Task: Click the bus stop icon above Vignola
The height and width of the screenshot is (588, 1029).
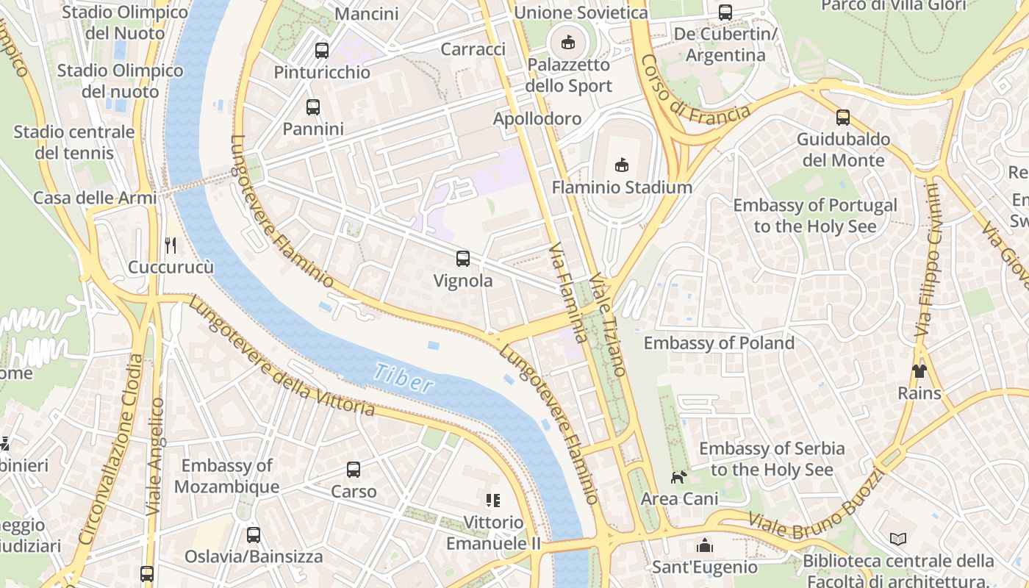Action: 462,259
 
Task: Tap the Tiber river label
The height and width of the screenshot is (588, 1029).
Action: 404,377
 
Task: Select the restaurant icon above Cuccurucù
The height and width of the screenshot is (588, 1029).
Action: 171,245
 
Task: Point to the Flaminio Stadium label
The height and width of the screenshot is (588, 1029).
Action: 622,187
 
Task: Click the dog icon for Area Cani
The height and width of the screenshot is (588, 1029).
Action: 678,477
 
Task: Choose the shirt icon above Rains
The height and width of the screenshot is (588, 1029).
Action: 919,370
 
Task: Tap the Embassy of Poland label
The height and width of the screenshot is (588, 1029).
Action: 719,343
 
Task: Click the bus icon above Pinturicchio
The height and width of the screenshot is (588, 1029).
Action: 321,51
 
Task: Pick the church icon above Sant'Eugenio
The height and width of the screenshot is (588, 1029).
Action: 705,545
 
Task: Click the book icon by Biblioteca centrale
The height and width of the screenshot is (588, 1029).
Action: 898,539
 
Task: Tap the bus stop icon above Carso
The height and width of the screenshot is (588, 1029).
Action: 354,470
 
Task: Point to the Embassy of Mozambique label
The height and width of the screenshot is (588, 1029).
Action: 226,476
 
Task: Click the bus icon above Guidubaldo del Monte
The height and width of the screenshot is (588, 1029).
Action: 843,118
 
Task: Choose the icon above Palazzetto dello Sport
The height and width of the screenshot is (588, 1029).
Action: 568,43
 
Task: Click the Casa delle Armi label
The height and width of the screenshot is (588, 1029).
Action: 95,198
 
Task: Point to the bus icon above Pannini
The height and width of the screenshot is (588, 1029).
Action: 313,107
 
